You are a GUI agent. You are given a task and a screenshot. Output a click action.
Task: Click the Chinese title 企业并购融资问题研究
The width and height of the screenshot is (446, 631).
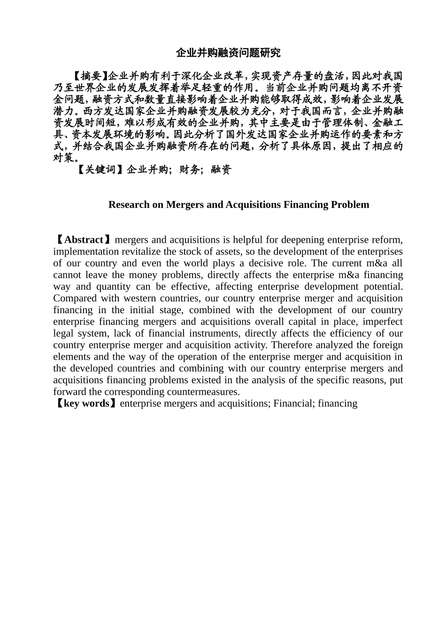pos(228,53)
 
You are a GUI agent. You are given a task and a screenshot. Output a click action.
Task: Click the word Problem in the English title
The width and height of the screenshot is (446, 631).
pos(350,205)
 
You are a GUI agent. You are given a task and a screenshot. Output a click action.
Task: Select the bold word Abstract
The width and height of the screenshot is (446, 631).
pos(84,240)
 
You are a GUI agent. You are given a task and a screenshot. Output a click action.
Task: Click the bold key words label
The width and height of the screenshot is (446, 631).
pos(86,404)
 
